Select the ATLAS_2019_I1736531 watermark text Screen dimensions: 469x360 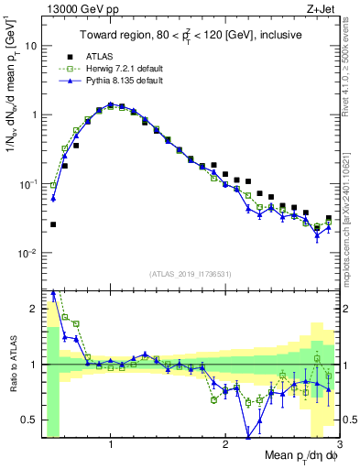coord(190,275)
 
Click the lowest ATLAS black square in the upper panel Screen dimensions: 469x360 coord(53,224)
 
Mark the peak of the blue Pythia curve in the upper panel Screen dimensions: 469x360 coord(110,104)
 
